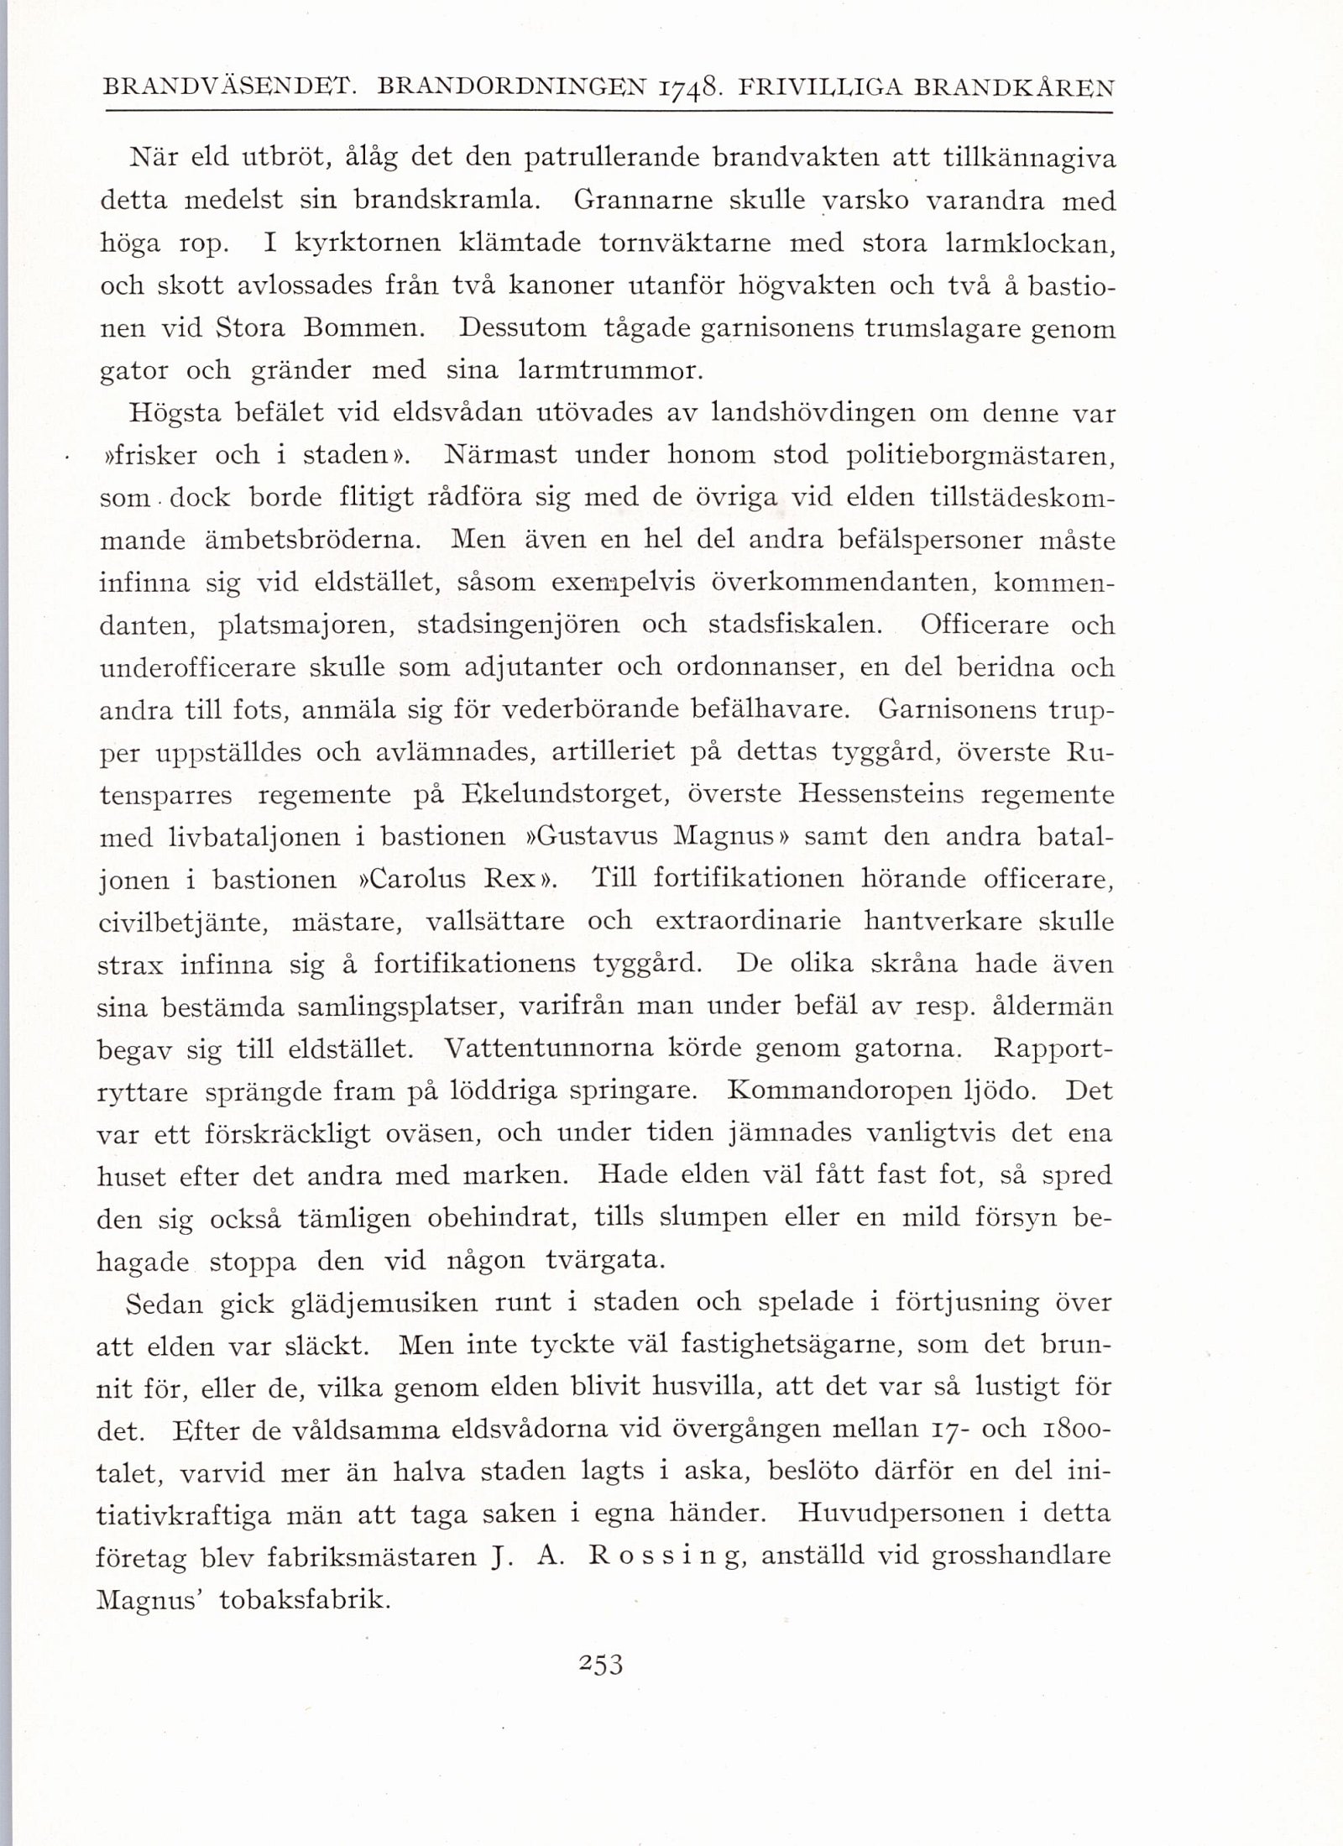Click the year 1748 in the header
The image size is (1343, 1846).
pos(689,86)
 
